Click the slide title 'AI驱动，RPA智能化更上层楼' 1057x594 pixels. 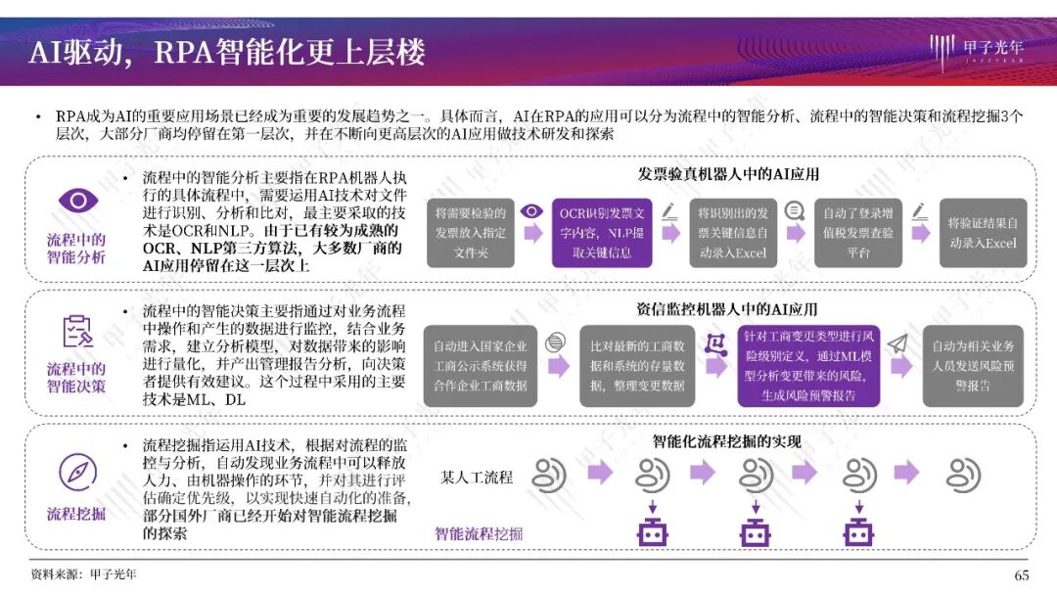(226, 52)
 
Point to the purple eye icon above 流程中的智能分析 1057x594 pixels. (77, 201)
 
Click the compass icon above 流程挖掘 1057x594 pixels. (77, 473)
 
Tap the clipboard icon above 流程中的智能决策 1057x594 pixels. (77, 332)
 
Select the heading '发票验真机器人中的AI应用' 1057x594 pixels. (728, 174)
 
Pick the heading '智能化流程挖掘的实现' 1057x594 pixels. (726, 442)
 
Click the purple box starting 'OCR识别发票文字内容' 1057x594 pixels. (602, 232)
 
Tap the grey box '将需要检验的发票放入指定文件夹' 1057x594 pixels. (470, 232)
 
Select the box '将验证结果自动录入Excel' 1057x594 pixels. (983, 232)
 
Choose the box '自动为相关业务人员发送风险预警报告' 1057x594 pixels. (973, 365)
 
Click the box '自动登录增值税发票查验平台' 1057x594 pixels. (857, 232)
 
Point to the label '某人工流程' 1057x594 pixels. (477, 478)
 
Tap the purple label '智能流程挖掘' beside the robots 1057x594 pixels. (479, 533)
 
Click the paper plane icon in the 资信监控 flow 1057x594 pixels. (898, 343)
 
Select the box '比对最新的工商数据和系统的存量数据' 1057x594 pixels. (637, 365)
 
